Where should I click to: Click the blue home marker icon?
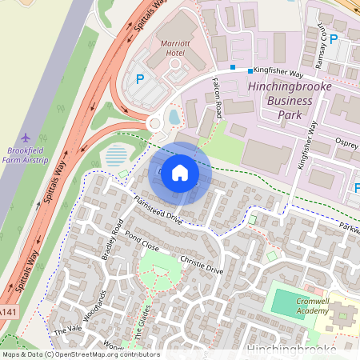(x=180, y=173)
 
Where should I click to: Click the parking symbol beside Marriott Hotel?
(x=140, y=79)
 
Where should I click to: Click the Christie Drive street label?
(x=201, y=265)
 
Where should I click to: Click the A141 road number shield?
(x=8, y=311)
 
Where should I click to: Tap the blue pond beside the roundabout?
(x=174, y=118)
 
